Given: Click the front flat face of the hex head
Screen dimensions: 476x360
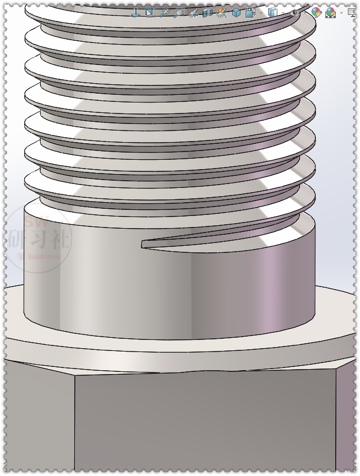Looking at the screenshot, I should (204, 424).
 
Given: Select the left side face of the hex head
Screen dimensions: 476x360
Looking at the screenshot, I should (39, 419).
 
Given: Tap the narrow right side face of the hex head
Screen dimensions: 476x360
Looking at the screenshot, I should (346, 419).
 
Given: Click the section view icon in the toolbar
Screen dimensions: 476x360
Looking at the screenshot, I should (208, 12).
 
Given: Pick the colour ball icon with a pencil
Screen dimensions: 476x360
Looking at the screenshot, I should (316, 12).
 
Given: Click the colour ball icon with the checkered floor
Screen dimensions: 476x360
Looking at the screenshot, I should (331, 12).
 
